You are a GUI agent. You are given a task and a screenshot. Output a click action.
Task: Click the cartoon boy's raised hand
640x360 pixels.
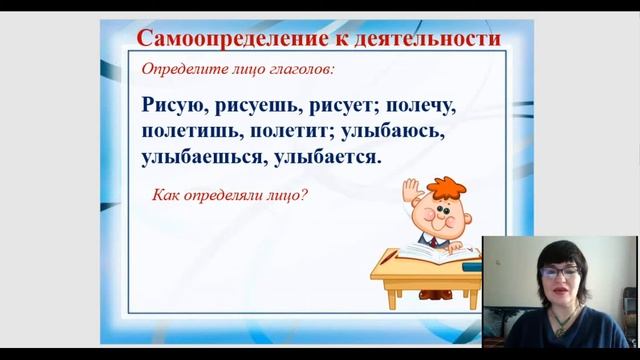coord(407,188)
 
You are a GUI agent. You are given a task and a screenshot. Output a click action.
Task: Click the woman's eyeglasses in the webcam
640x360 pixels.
coord(559,269)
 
